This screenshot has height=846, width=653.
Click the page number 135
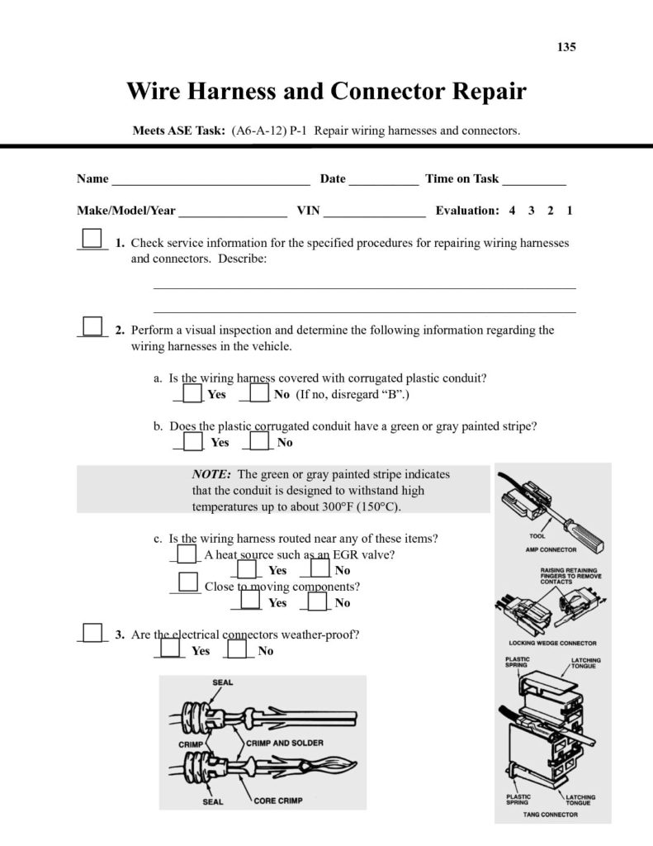(x=566, y=47)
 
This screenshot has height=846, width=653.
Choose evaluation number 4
(x=512, y=211)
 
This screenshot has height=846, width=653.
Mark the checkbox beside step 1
(x=92, y=239)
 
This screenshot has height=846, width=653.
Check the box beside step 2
(x=92, y=326)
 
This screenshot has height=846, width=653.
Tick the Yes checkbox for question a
(x=192, y=393)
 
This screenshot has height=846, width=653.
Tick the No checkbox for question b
(x=259, y=441)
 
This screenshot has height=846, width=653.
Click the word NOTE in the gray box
(x=211, y=474)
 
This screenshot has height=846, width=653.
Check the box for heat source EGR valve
(x=187, y=554)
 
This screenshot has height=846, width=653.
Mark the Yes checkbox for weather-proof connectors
(x=171, y=649)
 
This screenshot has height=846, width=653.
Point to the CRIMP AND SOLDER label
(x=286, y=743)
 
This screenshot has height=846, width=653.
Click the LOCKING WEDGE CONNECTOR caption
(x=552, y=643)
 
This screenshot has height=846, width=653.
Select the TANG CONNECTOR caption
(x=550, y=815)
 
